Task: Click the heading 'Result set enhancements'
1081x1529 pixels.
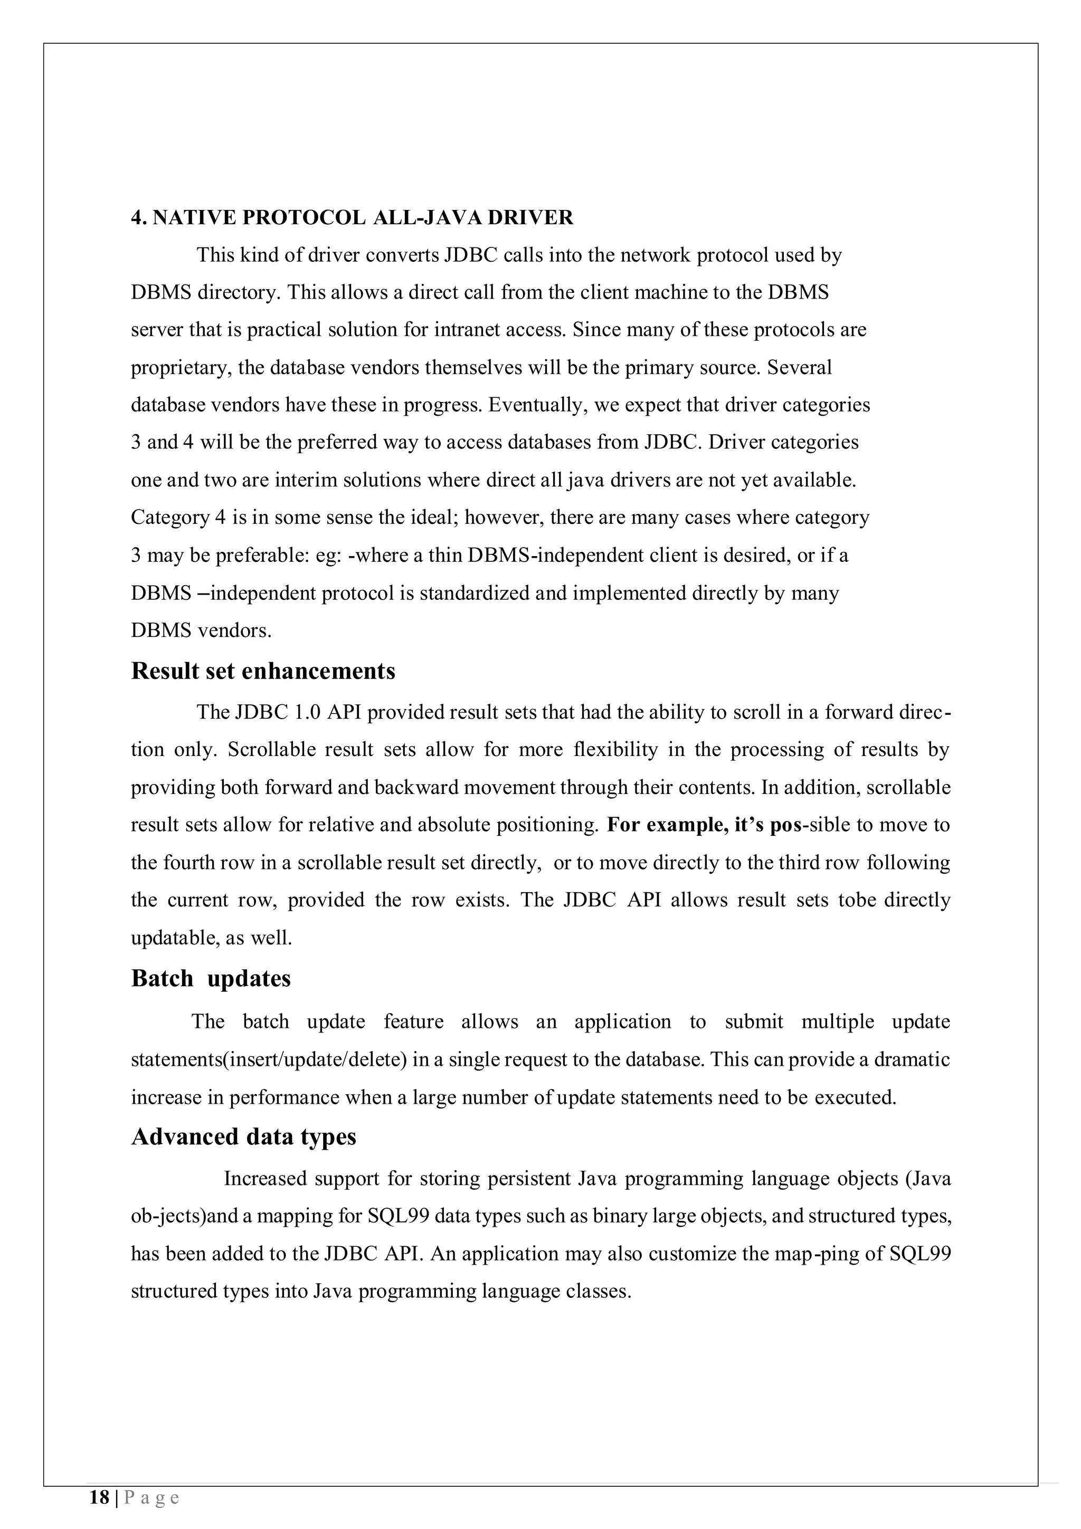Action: coord(263,671)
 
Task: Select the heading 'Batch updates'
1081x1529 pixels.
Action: coord(211,978)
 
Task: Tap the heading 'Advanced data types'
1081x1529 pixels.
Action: coord(244,1137)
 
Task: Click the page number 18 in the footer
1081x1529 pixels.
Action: coord(100,1498)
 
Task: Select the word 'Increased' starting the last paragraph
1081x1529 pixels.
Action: coord(265,1179)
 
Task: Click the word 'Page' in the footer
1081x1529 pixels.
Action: coord(152,1498)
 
